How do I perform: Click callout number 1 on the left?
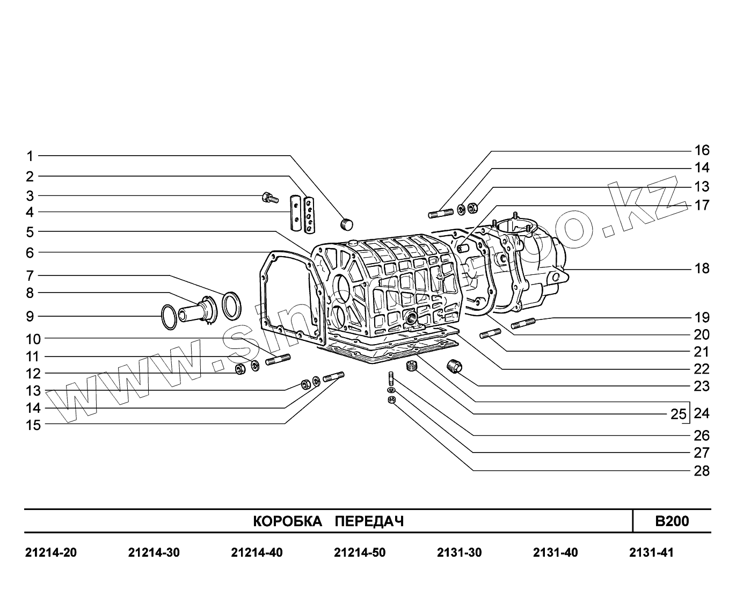(x=31, y=156)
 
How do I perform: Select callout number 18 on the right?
(x=702, y=268)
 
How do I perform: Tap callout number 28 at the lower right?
(x=702, y=471)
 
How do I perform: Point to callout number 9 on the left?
(x=30, y=316)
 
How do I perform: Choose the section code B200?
(x=672, y=521)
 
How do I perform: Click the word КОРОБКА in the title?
(x=287, y=521)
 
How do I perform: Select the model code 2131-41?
(x=651, y=552)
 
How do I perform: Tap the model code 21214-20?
(x=51, y=552)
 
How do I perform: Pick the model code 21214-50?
(x=360, y=552)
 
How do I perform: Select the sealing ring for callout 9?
(x=169, y=317)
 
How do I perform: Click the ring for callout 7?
(x=232, y=304)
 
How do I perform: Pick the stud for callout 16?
(x=441, y=213)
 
